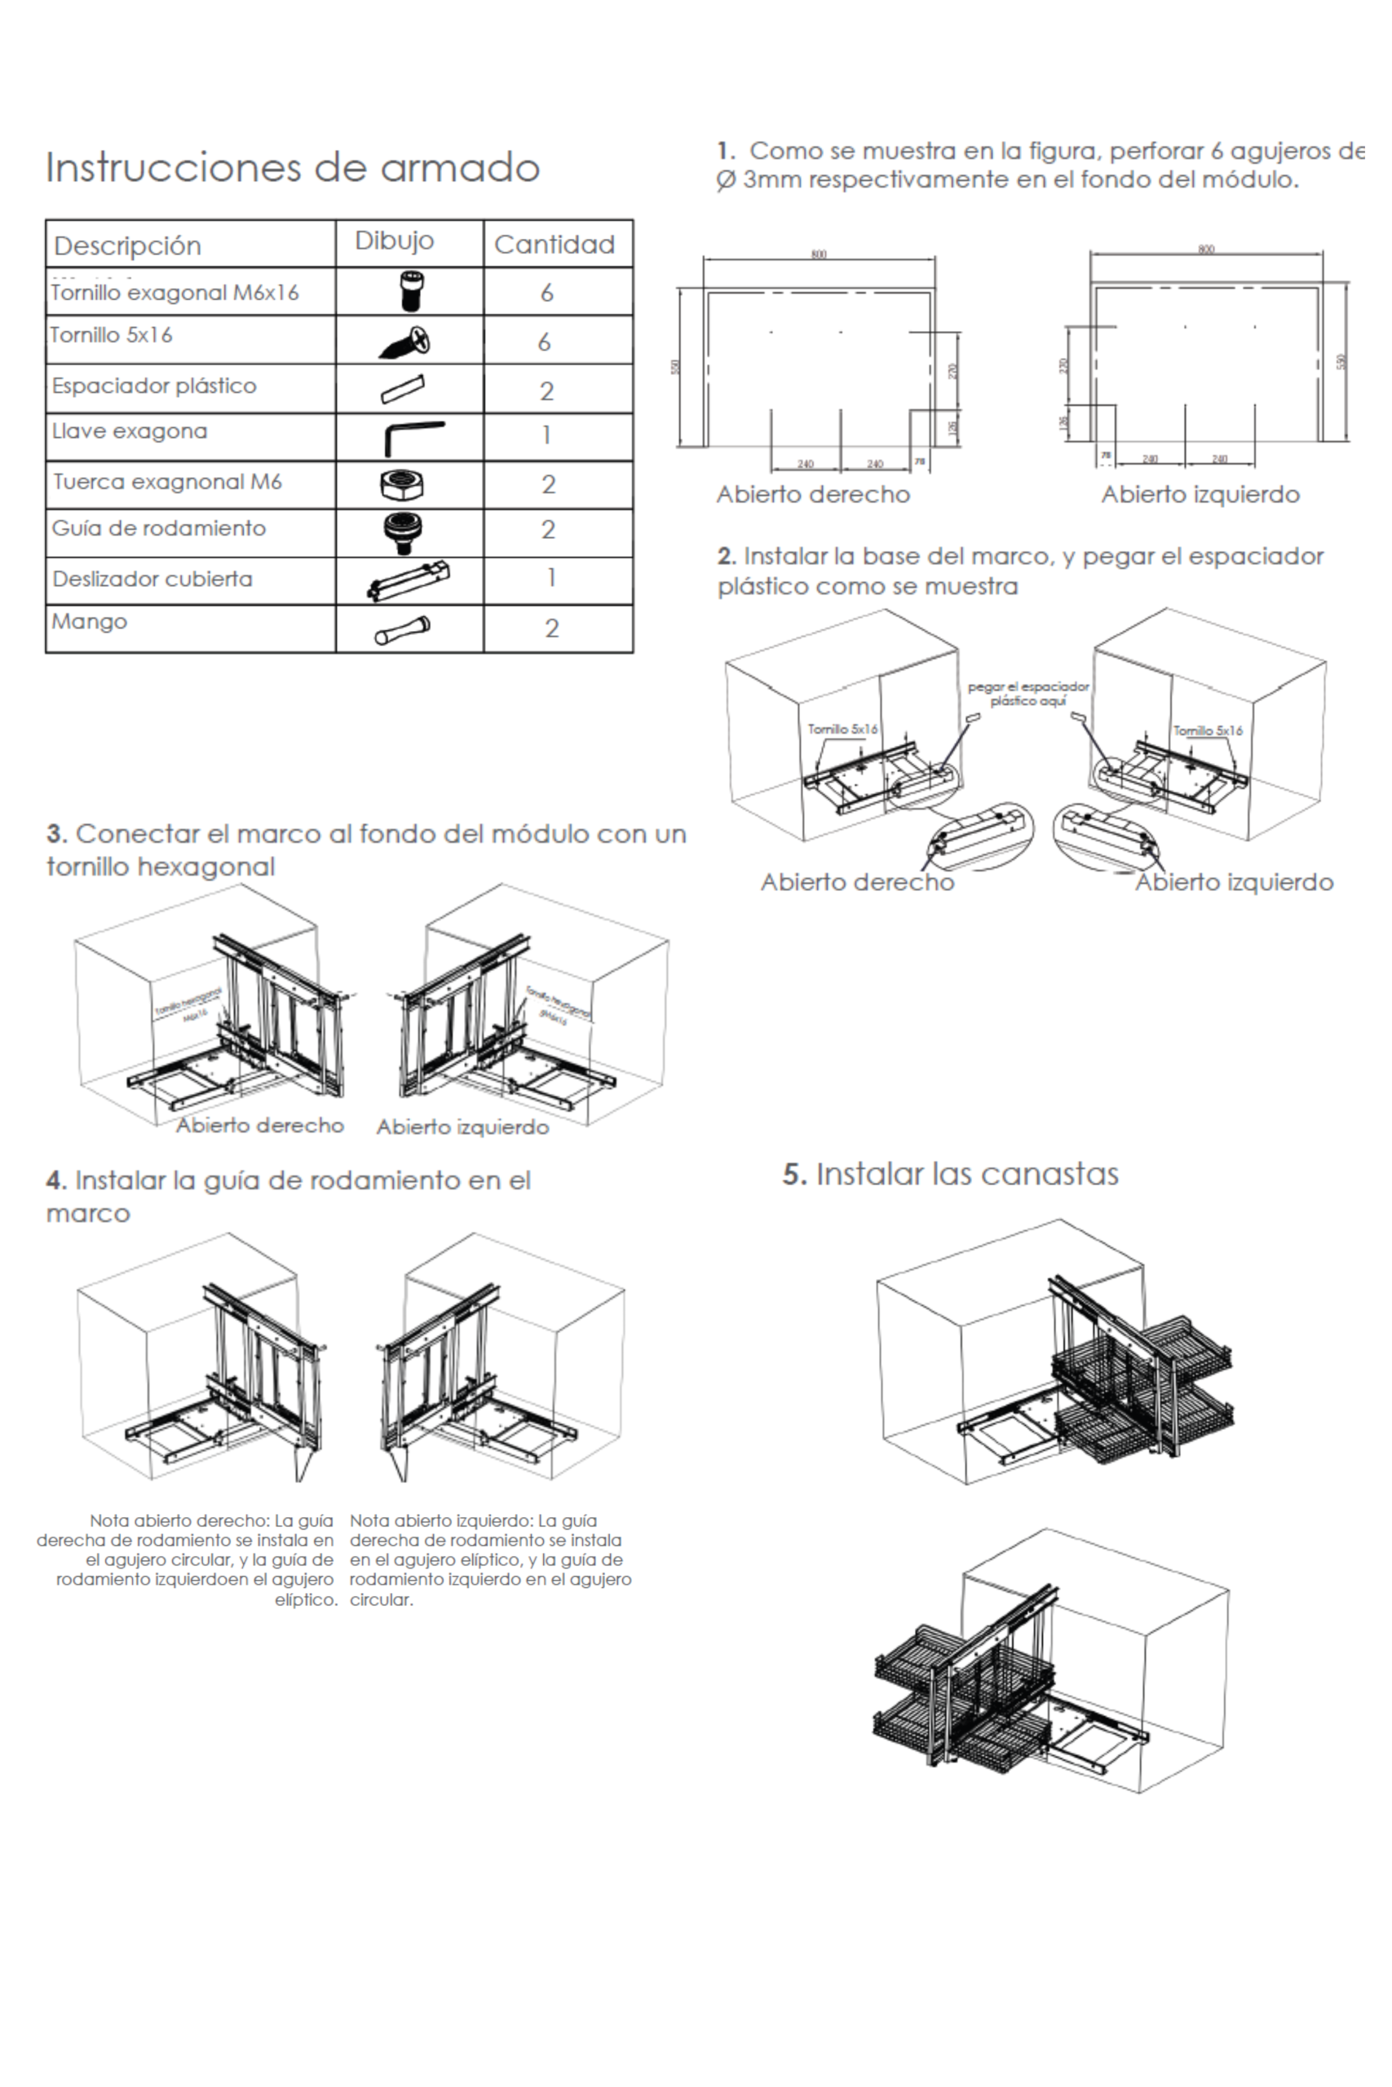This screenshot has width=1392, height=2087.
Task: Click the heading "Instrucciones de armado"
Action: (x=292, y=168)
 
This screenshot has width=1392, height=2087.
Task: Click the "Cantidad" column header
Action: (x=554, y=244)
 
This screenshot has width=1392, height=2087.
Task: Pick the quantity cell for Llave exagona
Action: (x=547, y=435)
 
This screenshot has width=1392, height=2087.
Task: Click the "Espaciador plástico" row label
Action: (x=153, y=386)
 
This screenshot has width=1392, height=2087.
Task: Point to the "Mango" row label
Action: (x=89, y=621)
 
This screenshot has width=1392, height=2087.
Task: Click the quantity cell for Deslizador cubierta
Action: (x=550, y=578)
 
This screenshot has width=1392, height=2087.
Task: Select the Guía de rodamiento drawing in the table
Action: (x=402, y=532)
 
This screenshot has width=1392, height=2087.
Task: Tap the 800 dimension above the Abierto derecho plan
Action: (x=819, y=254)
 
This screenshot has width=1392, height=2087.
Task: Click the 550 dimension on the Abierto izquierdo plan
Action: (x=1341, y=361)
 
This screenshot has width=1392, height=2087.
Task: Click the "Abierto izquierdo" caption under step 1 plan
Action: (x=1200, y=494)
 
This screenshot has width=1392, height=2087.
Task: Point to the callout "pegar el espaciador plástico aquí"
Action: (x=1028, y=693)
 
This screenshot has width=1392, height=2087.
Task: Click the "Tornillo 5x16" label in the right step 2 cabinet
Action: (x=1208, y=730)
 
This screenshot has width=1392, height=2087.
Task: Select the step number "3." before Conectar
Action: (x=57, y=834)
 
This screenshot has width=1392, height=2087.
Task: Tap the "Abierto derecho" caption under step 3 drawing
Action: (x=259, y=1125)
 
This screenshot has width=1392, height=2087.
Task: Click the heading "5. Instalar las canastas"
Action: (x=950, y=1174)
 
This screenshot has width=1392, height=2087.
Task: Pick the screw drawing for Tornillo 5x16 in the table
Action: (x=407, y=342)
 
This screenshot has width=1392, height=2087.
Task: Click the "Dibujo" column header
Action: (x=394, y=240)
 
